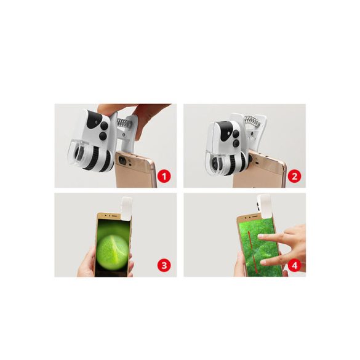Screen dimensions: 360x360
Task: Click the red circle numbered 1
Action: [x=164, y=175]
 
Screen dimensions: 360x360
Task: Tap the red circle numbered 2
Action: [x=294, y=175]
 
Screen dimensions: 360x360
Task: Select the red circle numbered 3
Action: [x=164, y=265]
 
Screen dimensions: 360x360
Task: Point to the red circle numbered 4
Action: [x=294, y=265]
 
